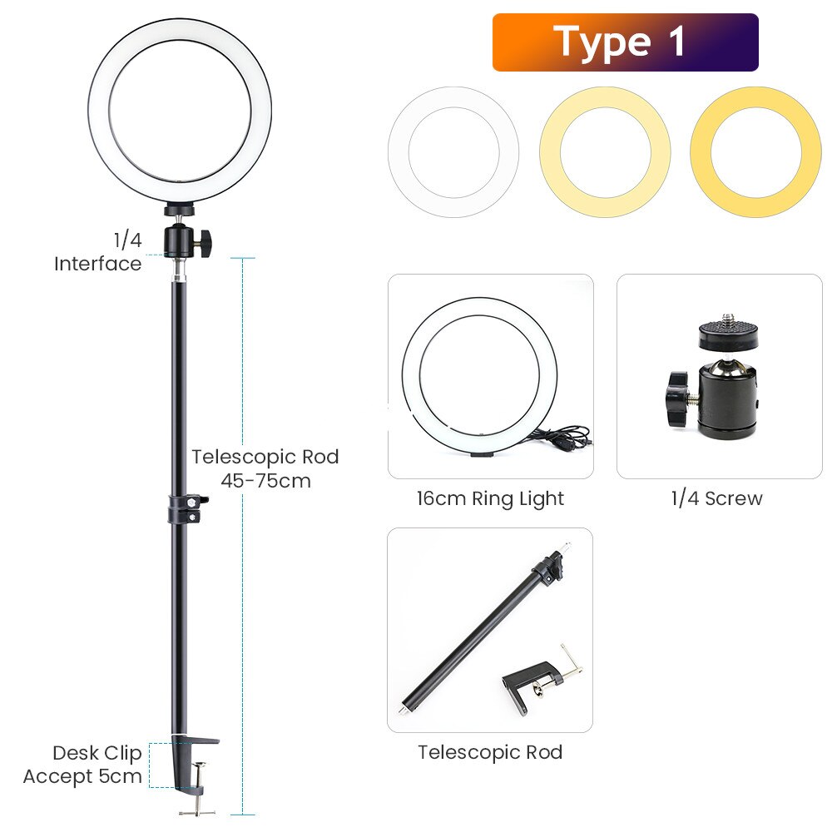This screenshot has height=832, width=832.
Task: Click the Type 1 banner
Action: click(625, 42)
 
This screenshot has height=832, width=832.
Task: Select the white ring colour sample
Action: click(453, 151)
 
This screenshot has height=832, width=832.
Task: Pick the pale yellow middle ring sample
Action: click(605, 151)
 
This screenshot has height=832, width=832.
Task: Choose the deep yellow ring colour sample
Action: click(755, 151)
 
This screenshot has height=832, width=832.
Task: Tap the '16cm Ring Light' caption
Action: click(490, 499)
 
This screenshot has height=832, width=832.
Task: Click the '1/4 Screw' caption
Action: click(716, 499)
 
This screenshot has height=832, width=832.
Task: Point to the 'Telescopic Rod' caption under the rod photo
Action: click(490, 753)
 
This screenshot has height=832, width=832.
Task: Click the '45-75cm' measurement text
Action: click(265, 480)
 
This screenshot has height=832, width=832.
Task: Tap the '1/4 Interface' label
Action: click(98, 252)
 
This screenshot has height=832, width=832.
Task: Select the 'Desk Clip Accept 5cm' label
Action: click(82, 765)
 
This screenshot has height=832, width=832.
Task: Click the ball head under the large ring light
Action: click(180, 239)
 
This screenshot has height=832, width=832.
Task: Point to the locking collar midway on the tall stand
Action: click(185, 508)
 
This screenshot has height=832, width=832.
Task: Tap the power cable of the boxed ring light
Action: click(562, 438)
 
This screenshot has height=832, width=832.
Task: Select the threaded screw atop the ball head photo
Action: click(729, 319)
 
